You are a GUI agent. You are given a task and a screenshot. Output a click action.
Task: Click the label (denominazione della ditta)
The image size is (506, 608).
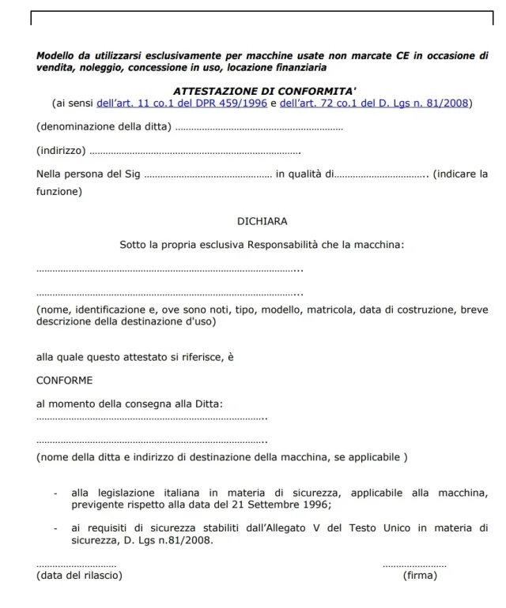coord(104,127)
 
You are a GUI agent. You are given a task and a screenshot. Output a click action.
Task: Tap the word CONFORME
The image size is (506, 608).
coord(65,380)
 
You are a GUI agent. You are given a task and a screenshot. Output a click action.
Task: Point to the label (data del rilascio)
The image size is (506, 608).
coord(79,575)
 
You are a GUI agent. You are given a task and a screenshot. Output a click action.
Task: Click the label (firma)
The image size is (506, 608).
coord(419,575)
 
